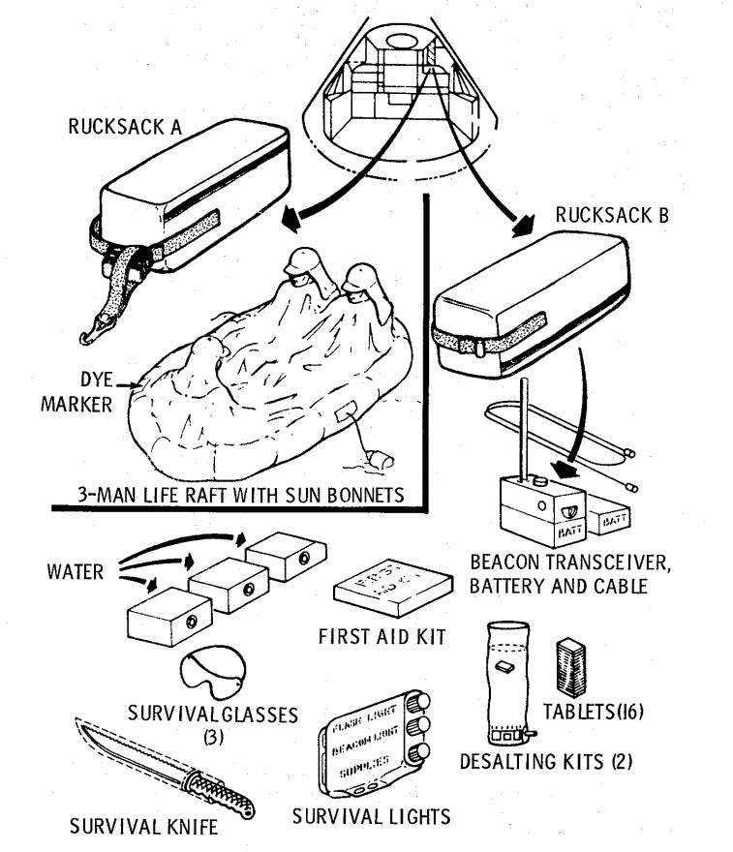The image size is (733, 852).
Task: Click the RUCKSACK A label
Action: point(141,126)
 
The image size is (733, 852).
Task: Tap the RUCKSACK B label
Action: point(611,216)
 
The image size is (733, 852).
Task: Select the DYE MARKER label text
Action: point(76,392)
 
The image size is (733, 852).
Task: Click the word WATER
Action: point(76,571)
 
